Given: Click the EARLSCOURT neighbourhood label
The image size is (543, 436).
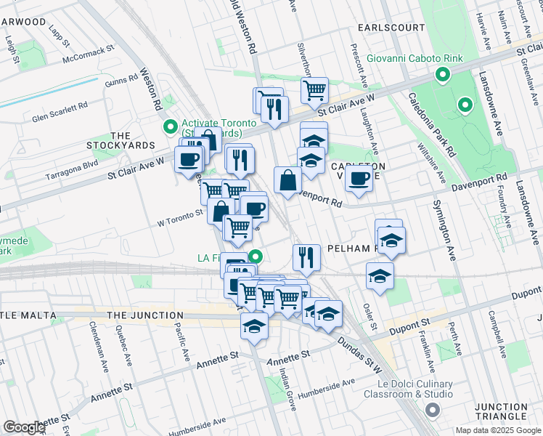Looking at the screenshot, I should point(391,28).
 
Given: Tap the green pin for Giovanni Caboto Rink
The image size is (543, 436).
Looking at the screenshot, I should point(441,75).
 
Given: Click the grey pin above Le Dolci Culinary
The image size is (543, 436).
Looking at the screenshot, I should point(433,411).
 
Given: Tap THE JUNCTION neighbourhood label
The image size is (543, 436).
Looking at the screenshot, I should point(144,315).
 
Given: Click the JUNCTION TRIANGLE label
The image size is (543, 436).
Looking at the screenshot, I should point(501,411).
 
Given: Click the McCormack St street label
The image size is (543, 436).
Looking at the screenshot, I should point(89,55).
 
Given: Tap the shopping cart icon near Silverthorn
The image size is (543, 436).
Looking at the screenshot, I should point(314,91).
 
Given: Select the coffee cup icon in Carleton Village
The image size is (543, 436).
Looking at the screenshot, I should point(359,178).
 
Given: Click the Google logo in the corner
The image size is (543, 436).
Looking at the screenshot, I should point(24,427).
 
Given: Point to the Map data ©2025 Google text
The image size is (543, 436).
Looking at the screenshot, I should point(498,430).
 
